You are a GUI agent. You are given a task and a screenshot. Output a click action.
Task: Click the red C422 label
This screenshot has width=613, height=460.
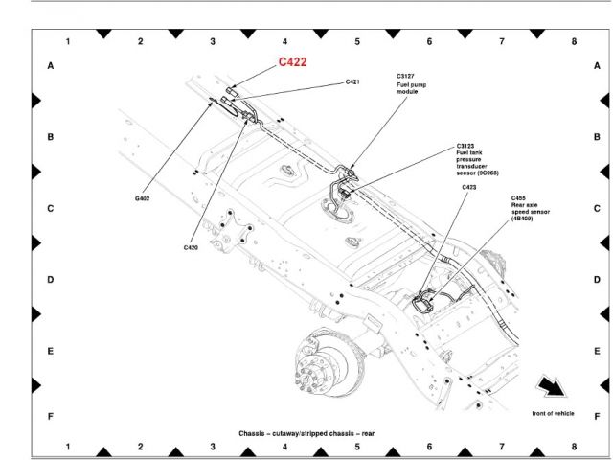pyautogui.click(x=292, y=61)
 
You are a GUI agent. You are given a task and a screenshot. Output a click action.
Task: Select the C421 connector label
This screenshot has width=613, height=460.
pyautogui.click(x=352, y=81)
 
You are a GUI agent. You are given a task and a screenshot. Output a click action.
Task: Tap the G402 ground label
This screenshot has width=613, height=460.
pyautogui.click(x=142, y=198)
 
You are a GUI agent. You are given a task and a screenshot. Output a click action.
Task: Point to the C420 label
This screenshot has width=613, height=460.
pyautogui.click(x=191, y=247)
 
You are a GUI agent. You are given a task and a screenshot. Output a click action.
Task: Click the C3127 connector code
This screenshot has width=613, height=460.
pyautogui.click(x=405, y=76)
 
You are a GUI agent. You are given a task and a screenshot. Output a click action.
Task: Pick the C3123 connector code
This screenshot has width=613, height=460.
pyautogui.click(x=465, y=146)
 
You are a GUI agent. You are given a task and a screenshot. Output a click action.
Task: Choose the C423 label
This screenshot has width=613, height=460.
pyautogui.click(x=469, y=187)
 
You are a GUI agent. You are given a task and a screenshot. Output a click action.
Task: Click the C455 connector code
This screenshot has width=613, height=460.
pyautogui.click(x=518, y=198)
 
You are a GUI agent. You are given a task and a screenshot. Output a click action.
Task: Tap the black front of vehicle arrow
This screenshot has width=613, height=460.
pyautogui.click(x=552, y=386)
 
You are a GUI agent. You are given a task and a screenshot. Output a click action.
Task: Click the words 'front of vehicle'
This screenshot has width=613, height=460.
pyautogui.click(x=553, y=413)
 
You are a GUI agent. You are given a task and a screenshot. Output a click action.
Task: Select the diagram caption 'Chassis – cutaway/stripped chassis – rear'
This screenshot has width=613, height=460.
pyautogui.click(x=306, y=433)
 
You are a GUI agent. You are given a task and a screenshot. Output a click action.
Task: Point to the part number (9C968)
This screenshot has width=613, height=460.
pyautogui.click(x=488, y=172)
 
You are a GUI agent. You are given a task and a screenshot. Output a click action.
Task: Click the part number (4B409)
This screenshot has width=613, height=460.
pyautogui.click(x=522, y=218)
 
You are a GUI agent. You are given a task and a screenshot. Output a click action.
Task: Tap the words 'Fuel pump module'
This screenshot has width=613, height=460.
pyautogui.click(x=411, y=88)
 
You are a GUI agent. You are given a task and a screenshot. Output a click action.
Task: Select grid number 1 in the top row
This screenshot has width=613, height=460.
pyautogui.click(x=68, y=41)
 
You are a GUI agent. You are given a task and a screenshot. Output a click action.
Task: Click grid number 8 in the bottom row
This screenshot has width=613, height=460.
pyautogui.click(x=574, y=447)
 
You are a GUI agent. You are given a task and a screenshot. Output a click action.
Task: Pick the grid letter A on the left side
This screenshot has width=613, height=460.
pyautogui.click(x=51, y=66)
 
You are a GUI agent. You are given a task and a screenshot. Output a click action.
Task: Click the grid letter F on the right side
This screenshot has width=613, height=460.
pyautogui.click(x=597, y=416)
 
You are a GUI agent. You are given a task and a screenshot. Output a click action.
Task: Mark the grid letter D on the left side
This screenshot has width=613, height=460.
pyautogui.click(x=51, y=279)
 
